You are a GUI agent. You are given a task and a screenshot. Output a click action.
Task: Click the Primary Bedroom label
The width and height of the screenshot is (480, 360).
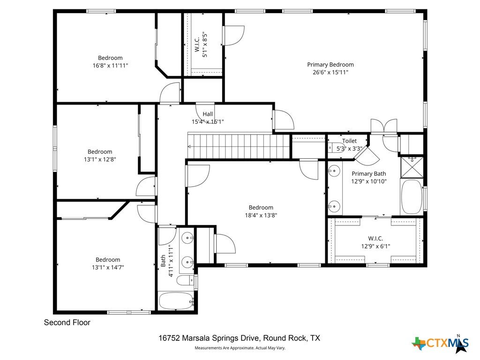coord(330,65)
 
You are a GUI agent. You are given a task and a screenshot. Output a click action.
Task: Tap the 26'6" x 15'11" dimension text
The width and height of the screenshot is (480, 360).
coord(330,73)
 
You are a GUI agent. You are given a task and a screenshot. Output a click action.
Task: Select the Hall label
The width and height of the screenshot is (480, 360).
coord(208,114)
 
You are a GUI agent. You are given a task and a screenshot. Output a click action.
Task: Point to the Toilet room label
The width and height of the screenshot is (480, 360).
coord(349,141)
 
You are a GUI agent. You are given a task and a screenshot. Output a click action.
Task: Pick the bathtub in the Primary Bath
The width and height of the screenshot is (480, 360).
coord(412,197)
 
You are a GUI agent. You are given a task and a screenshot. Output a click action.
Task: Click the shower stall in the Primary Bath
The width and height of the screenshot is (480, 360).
coord(412,167)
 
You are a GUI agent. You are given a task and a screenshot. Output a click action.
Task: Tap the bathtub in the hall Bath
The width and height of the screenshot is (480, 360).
coord(176,301)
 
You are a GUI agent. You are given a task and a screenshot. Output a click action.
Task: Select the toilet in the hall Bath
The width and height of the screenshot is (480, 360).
coord(186,280)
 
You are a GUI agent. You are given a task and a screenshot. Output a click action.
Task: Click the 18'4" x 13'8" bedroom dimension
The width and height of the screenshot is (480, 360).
coord(261,215)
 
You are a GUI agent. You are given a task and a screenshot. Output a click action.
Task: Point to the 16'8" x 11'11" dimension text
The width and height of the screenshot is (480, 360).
coord(110,66)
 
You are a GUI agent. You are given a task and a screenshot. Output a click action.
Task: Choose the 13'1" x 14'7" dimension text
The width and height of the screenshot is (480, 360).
coord(108,267)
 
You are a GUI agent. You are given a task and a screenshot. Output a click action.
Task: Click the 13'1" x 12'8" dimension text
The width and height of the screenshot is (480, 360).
coord(100,159)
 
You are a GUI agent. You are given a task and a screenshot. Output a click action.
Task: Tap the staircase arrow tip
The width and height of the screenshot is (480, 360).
coord(188,147)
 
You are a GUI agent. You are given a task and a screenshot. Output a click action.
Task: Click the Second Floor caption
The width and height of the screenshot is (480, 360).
coord(67,322)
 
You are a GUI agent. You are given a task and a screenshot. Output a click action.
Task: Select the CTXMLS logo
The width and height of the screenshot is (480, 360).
coord(440,343)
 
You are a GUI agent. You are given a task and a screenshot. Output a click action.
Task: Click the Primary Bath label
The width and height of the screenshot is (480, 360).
coord(369,173)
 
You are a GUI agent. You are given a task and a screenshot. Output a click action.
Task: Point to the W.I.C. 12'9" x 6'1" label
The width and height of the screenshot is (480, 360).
coord(375,242)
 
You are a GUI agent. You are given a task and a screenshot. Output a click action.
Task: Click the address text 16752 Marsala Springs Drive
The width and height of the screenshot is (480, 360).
coord(210,338)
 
